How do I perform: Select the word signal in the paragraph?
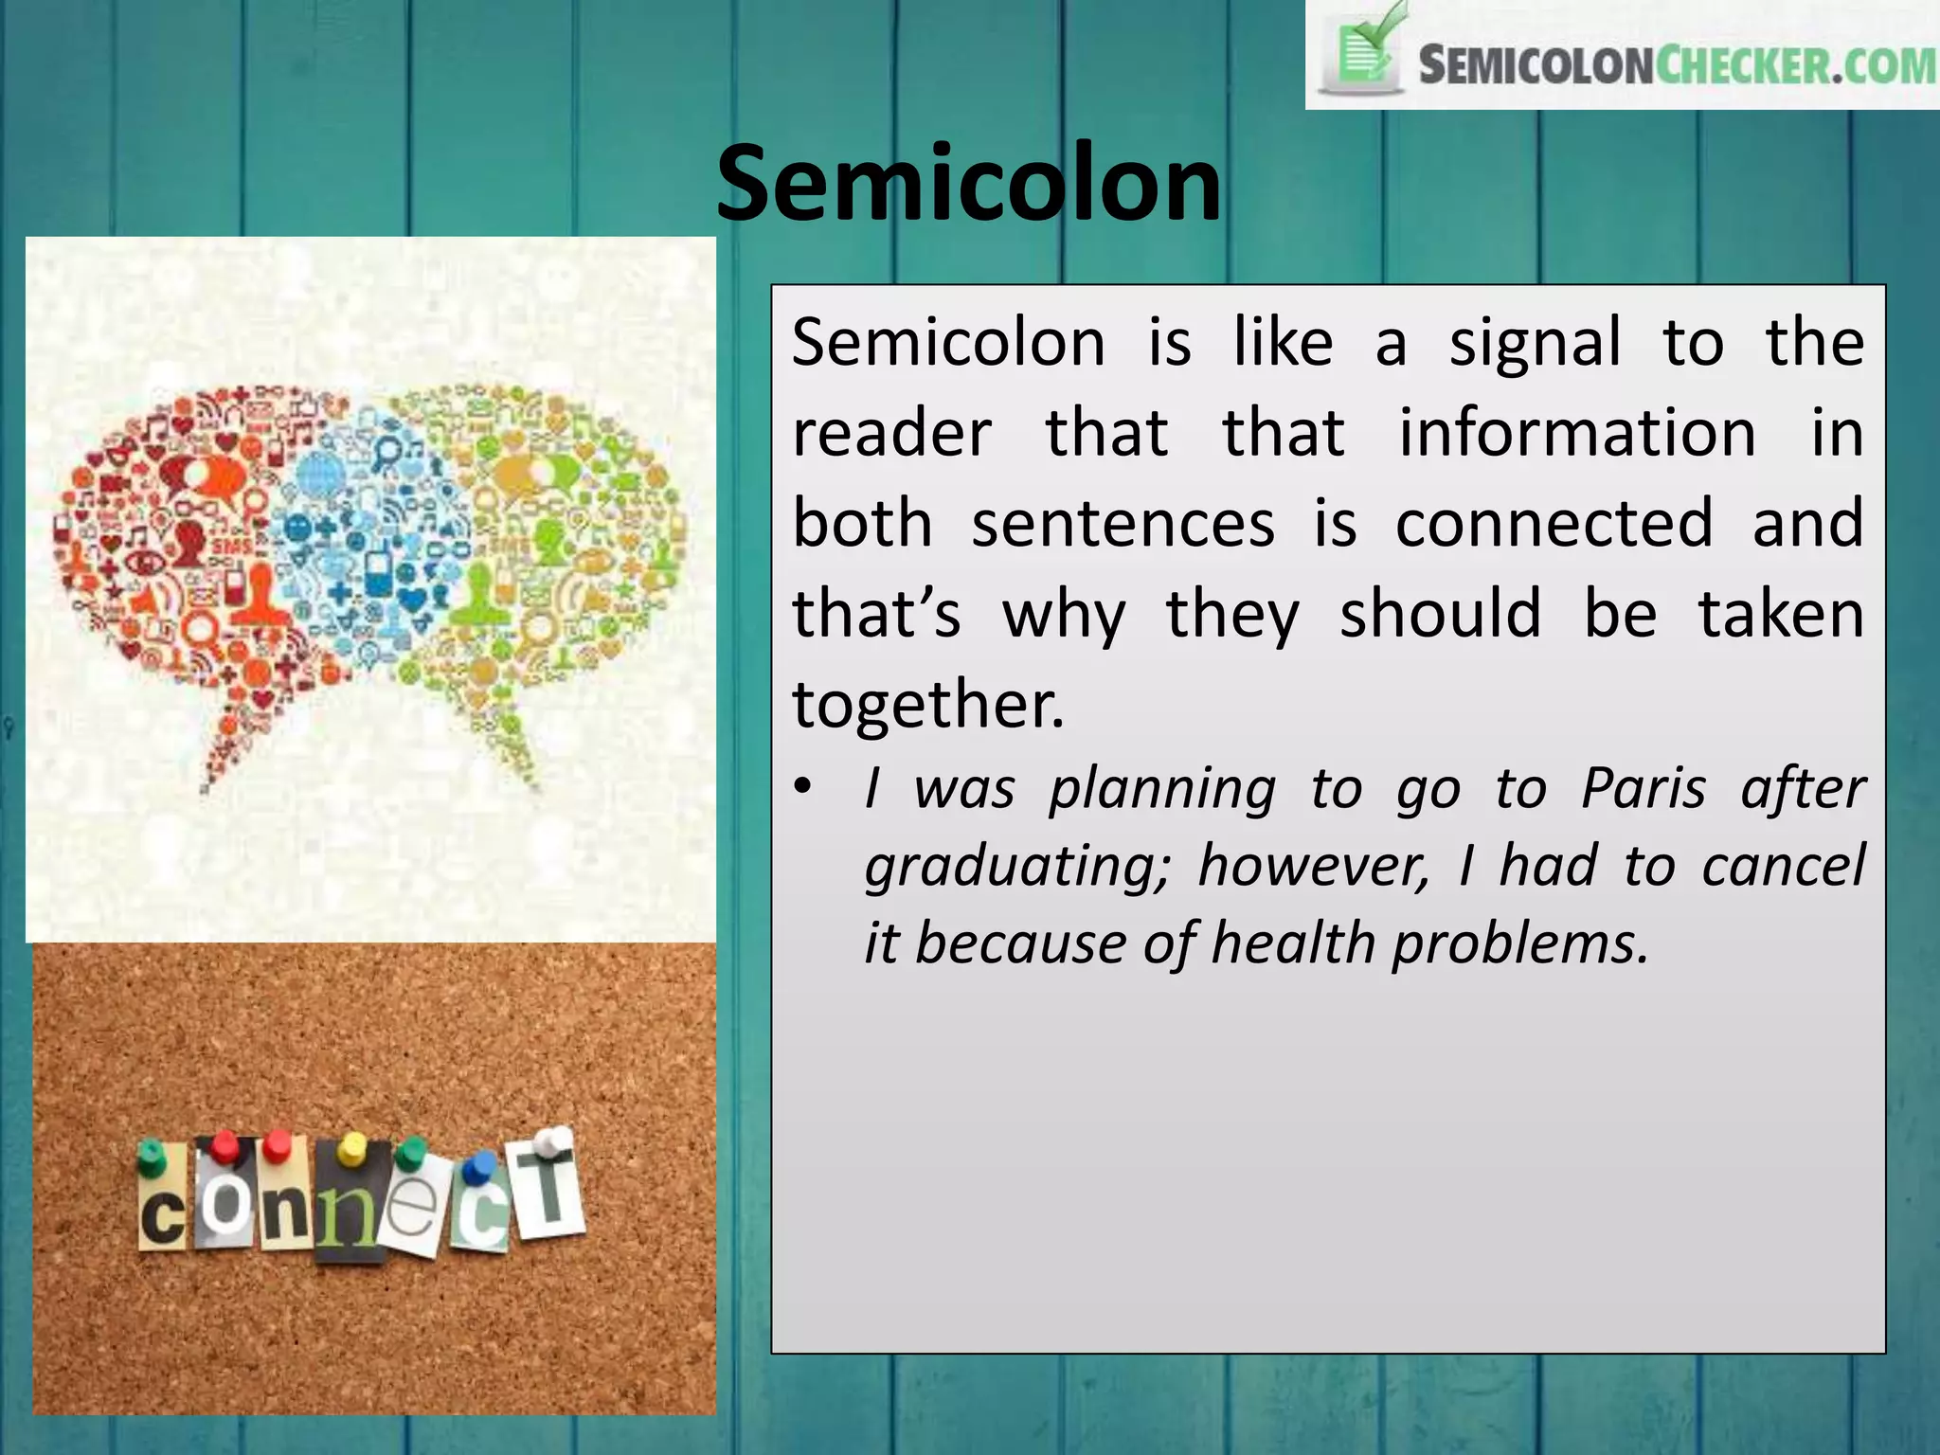point(1535,342)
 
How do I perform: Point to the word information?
point(1577,433)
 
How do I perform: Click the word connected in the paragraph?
point(1554,523)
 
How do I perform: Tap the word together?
point(928,706)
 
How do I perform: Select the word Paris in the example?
point(1644,788)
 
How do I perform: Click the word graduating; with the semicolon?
point(1018,868)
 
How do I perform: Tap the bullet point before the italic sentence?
point(803,788)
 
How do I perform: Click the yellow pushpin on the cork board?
point(351,1149)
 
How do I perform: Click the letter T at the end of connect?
point(549,1195)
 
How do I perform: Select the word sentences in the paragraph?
point(1123,523)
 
